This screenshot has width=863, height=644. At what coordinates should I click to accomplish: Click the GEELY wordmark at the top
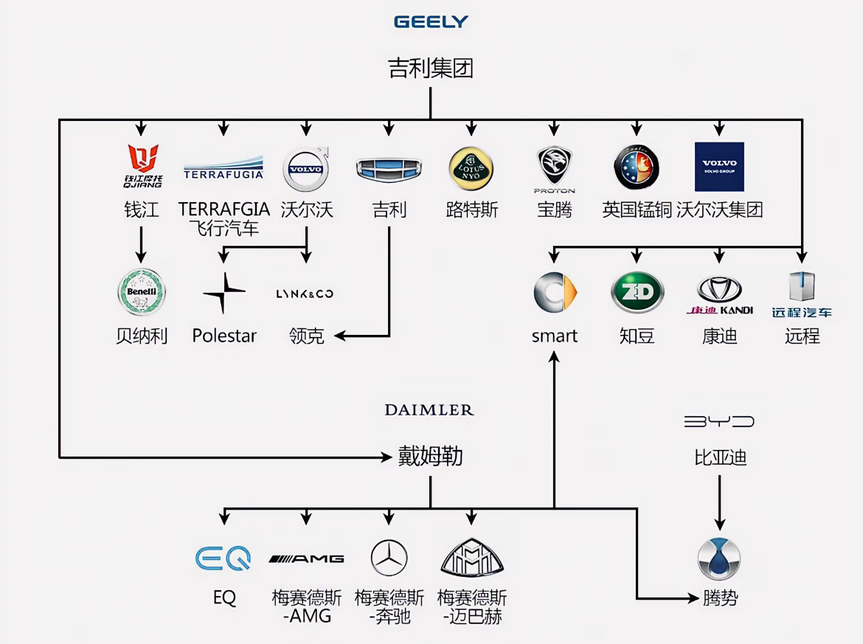click(x=431, y=21)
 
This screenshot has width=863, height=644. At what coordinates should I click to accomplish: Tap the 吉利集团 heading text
click(x=431, y=68)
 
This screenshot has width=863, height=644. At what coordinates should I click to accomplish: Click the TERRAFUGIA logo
click(x=223, y=168)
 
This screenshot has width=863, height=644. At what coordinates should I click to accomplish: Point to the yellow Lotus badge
click(x=471, y=168)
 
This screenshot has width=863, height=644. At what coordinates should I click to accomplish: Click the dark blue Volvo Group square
click(x=719, y=167)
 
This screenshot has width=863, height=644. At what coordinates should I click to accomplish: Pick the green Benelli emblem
click(x=142, y=292)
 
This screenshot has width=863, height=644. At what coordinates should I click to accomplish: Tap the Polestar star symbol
click(x=224, y=293)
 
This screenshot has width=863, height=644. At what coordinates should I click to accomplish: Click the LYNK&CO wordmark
click(x=305, y=294)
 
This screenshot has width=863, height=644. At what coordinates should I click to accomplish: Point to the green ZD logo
click(x=637, y=292)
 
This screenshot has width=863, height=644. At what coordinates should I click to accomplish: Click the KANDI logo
click(x=719, y=296)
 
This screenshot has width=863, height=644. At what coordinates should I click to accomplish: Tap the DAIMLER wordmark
click(x=429, y=410)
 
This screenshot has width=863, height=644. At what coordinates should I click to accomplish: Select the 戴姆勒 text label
click(x=430, y=457)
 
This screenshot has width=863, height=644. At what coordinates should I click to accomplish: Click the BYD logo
click(x=719, y=422)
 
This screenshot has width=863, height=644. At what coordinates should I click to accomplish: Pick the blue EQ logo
click(x=223, y=558)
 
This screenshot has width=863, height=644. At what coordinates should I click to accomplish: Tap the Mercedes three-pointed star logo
click(x=389, y=558)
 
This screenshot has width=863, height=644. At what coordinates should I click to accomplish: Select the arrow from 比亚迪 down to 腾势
click(x=720, y=502)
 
